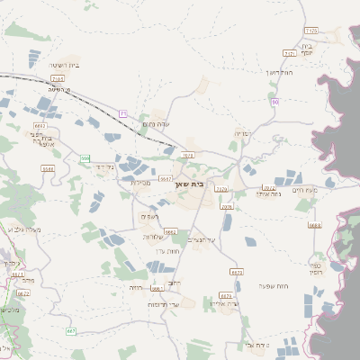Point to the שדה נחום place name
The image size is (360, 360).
click(x=157, y=123)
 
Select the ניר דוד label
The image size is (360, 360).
click(x=105, y=166)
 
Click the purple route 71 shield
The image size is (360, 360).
click(x=122, y=113)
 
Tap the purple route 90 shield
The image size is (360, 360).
click(x=274, y=103)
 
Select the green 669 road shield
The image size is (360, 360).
click(x=85, y=158)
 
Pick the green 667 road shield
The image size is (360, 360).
click(x=71, y=330)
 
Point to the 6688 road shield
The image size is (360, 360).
click(x=314, y=226)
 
